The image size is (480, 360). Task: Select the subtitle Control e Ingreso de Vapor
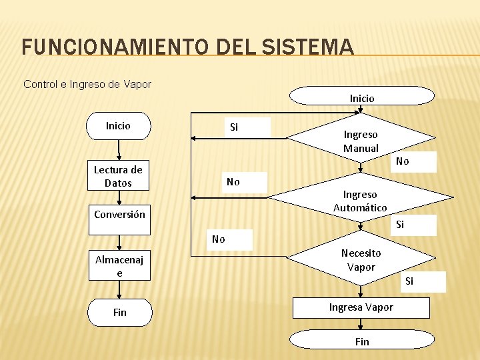coord(87,84)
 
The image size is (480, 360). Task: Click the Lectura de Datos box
coord(118,176)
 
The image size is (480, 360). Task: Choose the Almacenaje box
coord(119,266)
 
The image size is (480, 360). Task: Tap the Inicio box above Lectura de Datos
coord(118,125)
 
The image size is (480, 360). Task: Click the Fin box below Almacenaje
coord(119,312)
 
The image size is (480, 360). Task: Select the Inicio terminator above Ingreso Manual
coord(362,97)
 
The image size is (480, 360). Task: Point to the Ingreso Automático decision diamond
coord(360,201)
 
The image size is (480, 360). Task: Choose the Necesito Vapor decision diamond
coord(361,259)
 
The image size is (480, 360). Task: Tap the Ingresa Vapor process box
coord(361,307)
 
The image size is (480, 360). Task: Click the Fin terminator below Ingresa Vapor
coord(361,341)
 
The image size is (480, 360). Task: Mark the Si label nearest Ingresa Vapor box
coord(409,281)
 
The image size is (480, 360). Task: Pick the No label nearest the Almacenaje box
coord(219,239)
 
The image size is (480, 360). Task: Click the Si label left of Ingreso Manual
coord(234,127)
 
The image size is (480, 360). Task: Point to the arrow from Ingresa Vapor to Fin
coord(361,324)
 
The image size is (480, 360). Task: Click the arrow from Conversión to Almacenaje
coord(119,243)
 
